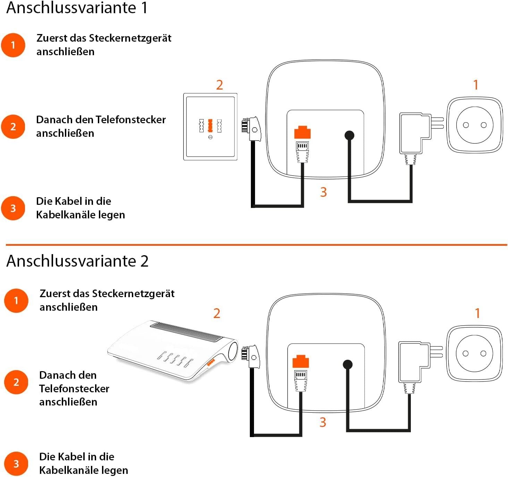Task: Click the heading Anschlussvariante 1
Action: [77, 8]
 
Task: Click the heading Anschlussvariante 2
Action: [77, 261]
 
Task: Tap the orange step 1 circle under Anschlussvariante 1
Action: [13, 45]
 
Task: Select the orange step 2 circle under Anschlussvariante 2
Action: [16, 382]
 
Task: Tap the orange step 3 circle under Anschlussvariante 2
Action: [16, 464]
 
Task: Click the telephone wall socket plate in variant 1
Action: [210, 127]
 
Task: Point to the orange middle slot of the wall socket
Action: [210, 125]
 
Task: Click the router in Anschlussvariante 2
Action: [172, 351]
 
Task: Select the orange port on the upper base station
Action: [302, 132]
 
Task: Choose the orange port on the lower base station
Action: [300, 361]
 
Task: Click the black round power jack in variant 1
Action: [349, 135]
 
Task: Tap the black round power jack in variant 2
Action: [348, 365]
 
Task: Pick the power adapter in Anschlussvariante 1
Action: [415, 134]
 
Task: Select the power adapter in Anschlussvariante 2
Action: [414, 363]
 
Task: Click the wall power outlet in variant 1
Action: [474, 125]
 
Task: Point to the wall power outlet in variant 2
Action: [474, 354]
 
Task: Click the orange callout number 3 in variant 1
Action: [323, 192]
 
